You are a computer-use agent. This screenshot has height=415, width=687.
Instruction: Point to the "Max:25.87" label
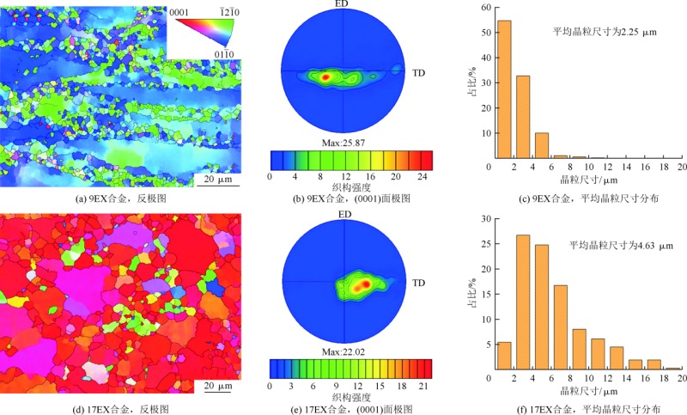click(x=350, y=143)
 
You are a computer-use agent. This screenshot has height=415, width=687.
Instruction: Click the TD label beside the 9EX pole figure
click(x=420, y=72)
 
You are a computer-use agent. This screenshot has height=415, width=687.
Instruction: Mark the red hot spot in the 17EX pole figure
click(x=365, y=283)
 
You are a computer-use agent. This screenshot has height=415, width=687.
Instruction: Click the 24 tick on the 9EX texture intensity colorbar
click(x=421, y=175)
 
